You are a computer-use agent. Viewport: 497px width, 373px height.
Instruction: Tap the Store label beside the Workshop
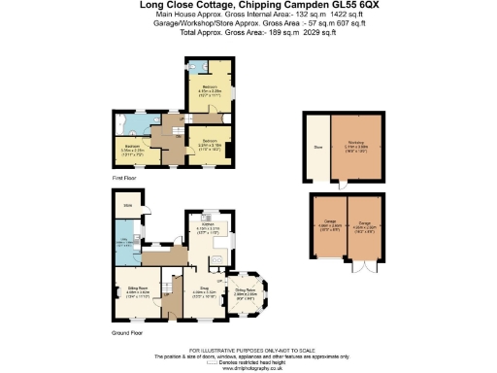315,149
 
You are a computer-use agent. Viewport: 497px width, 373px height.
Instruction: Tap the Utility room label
126,242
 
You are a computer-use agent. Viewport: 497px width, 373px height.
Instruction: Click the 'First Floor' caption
124,179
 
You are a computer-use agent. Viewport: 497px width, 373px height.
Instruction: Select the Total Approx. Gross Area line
248,31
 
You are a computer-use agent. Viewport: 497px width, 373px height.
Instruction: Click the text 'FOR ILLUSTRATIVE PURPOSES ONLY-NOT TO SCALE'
248,348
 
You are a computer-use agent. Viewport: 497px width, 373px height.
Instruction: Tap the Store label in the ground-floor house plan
126,207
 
